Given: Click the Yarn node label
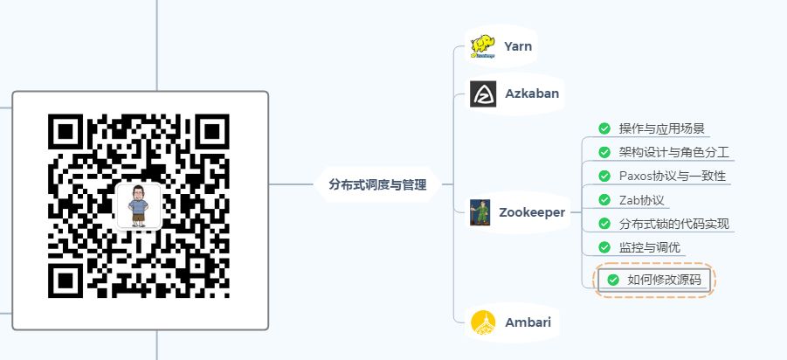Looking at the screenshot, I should [518, 45].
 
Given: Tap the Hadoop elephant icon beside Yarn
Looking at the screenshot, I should [483, 45].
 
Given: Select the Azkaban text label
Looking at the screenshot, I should [531, 93].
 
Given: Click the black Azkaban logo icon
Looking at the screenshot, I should [483, 94].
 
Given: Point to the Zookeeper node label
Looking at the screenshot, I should [531, 211].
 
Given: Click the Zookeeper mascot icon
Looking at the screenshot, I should [480, 212].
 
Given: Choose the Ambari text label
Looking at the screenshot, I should [528, 322].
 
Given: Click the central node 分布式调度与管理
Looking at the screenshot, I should [377, 184].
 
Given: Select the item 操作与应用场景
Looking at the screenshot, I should [661, 128].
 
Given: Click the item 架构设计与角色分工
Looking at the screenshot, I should [673, 152].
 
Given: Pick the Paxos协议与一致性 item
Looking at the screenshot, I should [672, 176].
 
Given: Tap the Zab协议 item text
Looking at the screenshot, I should [642, 199].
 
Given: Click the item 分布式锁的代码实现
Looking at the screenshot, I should [673, 223].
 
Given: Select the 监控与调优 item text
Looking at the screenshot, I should [649, 246].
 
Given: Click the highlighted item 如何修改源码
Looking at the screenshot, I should [664, 280].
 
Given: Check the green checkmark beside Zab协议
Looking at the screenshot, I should [604, 199].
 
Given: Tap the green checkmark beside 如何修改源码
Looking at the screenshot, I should [612, 280].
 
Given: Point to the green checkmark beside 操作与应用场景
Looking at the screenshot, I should [604, 128].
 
